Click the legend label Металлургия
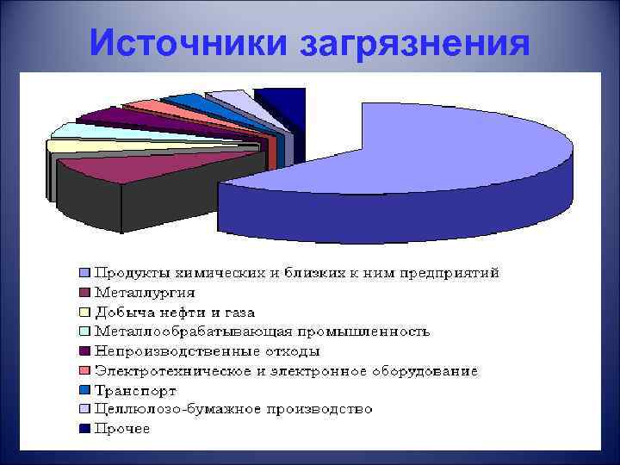pos(145,292)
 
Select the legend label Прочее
pos(122,428)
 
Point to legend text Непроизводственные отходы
pos(208,351)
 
